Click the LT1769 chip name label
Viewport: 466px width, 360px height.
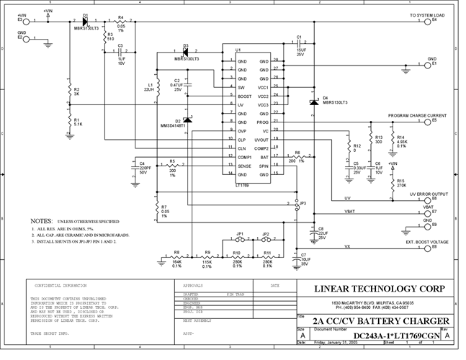click(x=243, y=186)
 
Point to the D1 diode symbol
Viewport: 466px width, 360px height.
click(x=76, y=21)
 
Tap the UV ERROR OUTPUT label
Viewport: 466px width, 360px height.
click(x=428, y=194)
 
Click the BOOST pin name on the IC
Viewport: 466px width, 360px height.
click(x=244, y=96)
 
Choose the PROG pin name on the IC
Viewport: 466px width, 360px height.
click(x=264, y=122)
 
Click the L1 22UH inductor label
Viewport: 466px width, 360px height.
click(x=149, y=87)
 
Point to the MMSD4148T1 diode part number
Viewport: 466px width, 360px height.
click(x=173, y=126)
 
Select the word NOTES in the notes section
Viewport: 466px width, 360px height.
click(x=41, y=220)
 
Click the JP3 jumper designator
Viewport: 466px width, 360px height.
click(x=303, y=204)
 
